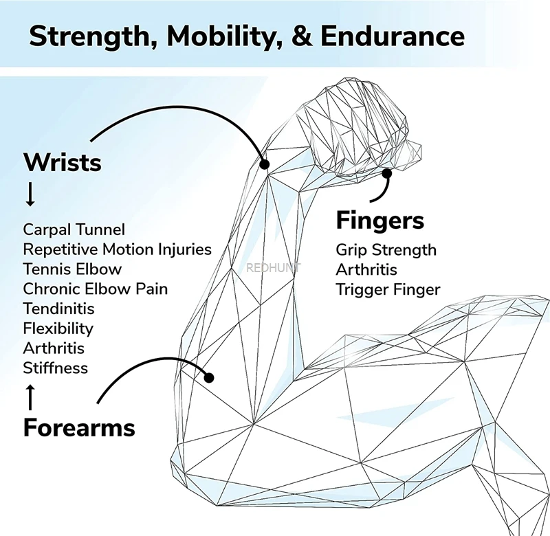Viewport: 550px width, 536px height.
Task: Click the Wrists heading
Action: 63,163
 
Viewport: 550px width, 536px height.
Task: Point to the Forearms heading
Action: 79,427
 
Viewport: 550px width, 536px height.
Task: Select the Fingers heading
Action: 379,221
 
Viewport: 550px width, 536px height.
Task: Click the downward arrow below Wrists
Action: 30,195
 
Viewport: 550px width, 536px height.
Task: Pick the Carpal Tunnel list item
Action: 74,230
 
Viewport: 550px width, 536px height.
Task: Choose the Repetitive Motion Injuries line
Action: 117,249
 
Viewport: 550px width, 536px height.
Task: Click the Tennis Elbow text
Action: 72,269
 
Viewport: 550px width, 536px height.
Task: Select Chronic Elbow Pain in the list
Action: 95,289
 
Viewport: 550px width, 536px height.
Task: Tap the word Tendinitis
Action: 58,309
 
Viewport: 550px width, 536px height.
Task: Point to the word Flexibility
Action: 58,328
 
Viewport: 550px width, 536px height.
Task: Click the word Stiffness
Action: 56,368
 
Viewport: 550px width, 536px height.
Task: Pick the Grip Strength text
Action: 386,249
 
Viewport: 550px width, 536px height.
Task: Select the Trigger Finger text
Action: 388,289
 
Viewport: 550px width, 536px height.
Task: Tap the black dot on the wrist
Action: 264,164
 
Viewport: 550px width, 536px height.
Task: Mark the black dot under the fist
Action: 387,174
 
